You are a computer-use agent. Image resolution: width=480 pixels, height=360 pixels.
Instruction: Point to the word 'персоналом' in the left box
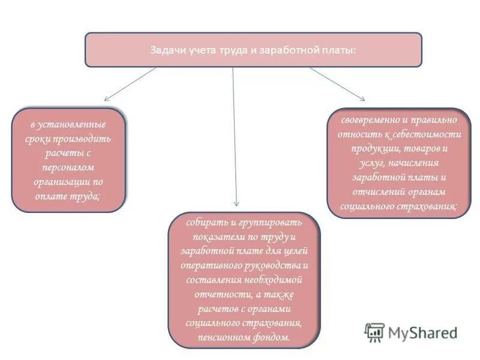tap(68, 166)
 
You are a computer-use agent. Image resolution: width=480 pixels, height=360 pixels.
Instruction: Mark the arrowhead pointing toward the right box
tap(362, 98)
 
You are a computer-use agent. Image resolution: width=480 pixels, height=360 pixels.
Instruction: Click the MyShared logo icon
tap(375, 332)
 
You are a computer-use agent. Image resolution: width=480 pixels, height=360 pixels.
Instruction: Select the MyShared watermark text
tap(422, 332)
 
